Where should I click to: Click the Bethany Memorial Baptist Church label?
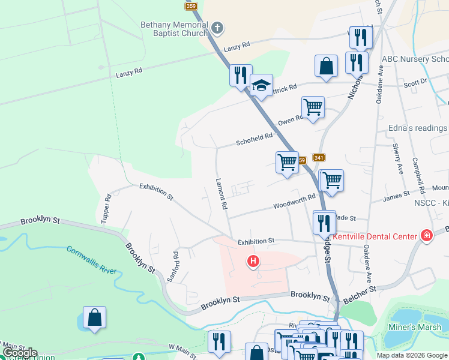point(173,29)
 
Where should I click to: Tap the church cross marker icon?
point(217,28)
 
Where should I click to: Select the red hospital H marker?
point(254,260)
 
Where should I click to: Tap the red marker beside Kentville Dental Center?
point(427,235)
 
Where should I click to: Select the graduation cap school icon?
point(262,86)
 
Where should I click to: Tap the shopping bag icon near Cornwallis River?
point(95,317)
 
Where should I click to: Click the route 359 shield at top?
point(191,6)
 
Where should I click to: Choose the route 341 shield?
point(319,158)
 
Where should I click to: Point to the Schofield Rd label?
point(255,139)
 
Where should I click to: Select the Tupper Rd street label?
point(107,208)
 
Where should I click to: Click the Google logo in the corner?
point(20,353)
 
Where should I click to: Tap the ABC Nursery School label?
point(415,59)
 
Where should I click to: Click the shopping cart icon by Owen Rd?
point(313,107)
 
